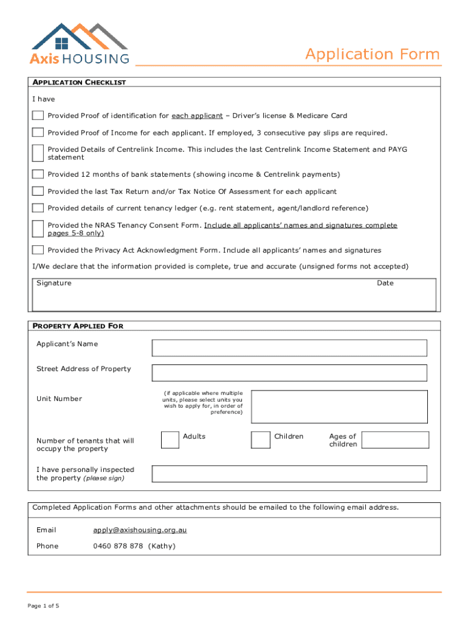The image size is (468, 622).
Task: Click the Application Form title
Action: click(x=372, y=55)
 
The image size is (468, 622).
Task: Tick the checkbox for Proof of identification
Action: click(x=38, y=115)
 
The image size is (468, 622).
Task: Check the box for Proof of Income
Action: click(x=38, y=132)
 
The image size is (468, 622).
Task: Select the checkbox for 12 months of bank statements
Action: click(x=38, y=174)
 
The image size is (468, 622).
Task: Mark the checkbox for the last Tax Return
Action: click(x=38, y=191)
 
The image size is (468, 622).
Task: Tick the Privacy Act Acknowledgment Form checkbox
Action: click(x=38, y=250)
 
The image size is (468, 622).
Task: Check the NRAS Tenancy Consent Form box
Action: click(x=38, y=228)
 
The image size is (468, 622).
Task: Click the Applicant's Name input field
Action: click(x=289, y=347)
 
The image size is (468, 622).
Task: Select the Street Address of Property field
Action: click(x=289, y=372)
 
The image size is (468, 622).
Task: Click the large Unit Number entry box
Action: click(x=340, y=406)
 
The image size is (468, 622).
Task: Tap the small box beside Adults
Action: click(x=170, y=440)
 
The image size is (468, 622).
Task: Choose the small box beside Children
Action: click(x=261, y=440)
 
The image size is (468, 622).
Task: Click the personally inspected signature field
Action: click(x=289, y=474)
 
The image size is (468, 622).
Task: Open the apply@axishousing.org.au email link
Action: click(x=140, y=530)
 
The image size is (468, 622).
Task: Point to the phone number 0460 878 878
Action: click(x=118, y=546)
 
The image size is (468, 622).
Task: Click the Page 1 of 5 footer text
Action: click(x=43, y=606)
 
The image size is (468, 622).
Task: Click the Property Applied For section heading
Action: click(x=78, y=326)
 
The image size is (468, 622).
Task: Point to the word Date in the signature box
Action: click(x=385, y=283)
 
